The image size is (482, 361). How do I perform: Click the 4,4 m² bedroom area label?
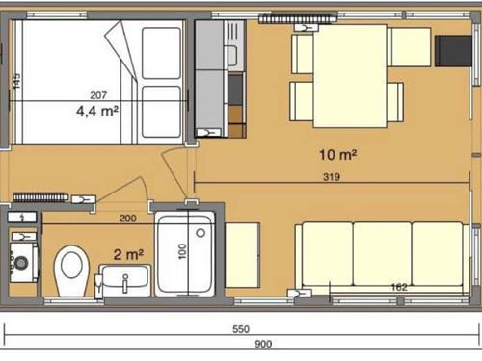(x=97, y=111)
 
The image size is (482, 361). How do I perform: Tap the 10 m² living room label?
(x=337, y=155)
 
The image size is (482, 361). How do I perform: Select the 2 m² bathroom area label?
(x=128, y=255)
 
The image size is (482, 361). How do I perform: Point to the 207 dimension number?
(x=98, y=95)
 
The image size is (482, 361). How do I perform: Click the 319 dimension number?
(x=332, y=177)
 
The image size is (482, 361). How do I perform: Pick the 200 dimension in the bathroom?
(x=127, y=219)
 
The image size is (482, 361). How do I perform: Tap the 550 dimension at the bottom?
(x=241, y=329)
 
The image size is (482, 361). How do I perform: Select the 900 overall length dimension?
(x=263, y=344)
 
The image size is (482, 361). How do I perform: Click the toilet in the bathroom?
(x=71, y=271)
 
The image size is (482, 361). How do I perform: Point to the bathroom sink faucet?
(x=125, y=283)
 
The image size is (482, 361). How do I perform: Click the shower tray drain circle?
(x=201, y=233)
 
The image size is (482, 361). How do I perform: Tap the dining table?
(x=350, y=76)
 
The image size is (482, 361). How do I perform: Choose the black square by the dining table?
(x=453, y=51)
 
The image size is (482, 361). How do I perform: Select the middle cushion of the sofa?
(x=383, y=253)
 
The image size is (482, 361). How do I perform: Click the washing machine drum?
(x=21, y=263)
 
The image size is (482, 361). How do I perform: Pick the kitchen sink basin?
(x=232, y=56)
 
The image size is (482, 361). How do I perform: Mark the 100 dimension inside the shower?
(x=182, y=251)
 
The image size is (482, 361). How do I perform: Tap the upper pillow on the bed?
(x=161, y=53)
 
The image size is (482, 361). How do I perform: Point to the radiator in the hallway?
(x=40, y=197)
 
